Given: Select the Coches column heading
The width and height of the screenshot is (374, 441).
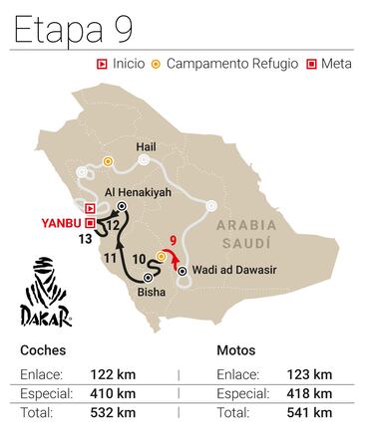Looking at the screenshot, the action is (x=41, y=350).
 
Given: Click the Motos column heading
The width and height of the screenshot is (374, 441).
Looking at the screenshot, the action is (x=235, y=350).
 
